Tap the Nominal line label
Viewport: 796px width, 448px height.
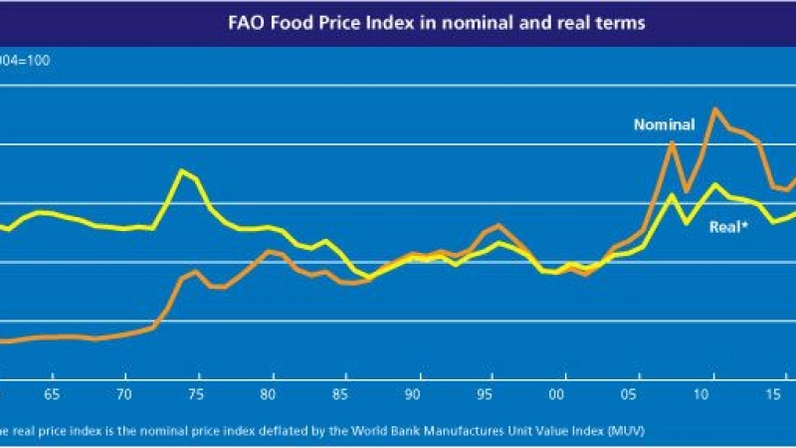tap(664, 124)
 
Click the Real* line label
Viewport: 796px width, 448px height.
tap(728, 227)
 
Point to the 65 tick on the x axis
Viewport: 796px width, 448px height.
tap(52, 392)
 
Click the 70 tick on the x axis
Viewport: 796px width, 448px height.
tap(125, 392)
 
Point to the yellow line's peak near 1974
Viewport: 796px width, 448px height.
tap(182, 171)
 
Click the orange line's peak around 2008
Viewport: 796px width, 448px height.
tap(673, 142)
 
